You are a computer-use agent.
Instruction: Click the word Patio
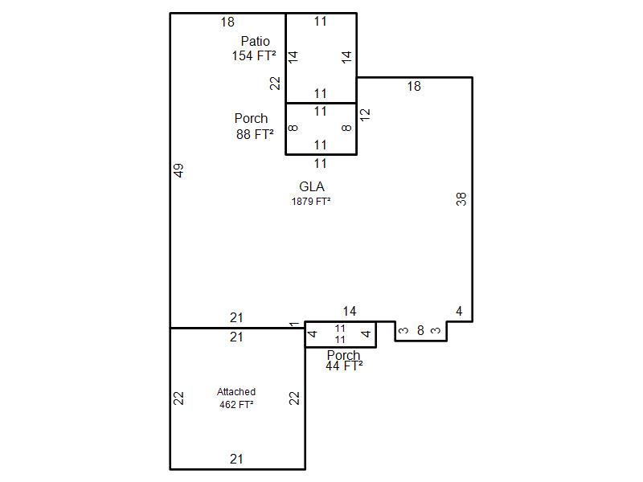tap(255, 41)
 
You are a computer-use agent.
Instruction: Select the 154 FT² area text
tap(253, 55)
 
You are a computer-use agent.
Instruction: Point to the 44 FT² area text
tap(344, 366)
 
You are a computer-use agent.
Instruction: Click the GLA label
tap(311, 187)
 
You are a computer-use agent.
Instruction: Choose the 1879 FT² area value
tap(311, 202)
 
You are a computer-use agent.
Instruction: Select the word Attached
tap(236, 392)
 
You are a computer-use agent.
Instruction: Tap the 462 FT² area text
tap(236, 405)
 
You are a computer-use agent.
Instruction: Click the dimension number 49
tap(179, 170)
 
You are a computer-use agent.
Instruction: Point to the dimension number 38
tap(461, 199)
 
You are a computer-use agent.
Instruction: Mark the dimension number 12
tap(365, 114)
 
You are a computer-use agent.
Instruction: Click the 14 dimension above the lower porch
tap(349, 312)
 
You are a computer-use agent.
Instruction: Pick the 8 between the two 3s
tap(420, 330)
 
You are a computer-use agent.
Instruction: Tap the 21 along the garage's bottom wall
tap(236, 460)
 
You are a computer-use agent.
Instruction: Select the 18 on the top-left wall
tap(227, 22)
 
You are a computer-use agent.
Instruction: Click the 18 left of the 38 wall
tap(413, 87)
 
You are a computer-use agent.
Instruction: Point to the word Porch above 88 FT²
tap(251, 119)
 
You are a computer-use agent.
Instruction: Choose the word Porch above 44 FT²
tap(343, 355)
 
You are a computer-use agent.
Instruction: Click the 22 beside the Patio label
tap(275, 84)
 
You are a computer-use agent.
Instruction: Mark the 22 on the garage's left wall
tap(179, 398)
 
